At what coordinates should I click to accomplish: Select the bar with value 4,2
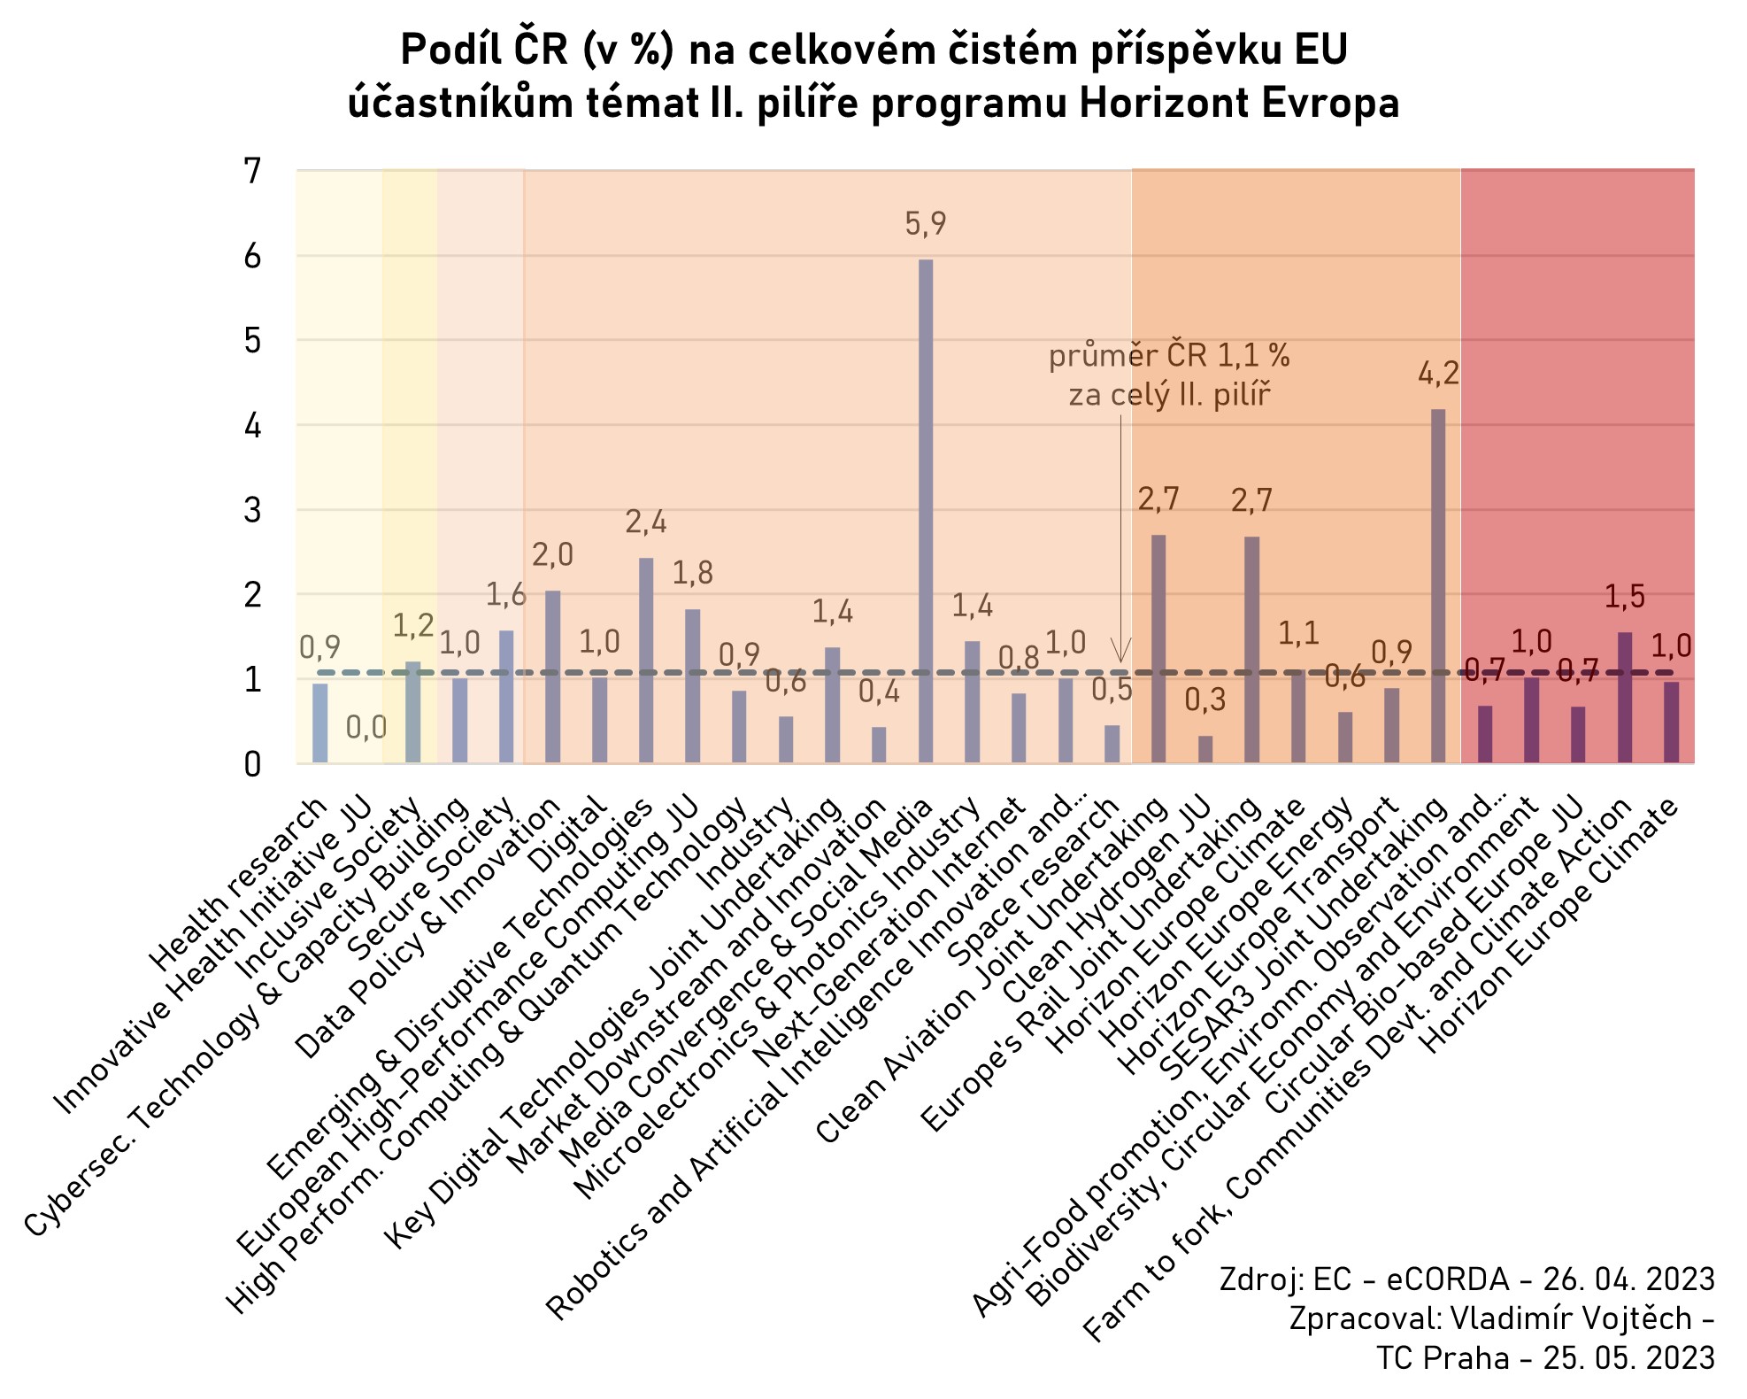(x=1438, y=585)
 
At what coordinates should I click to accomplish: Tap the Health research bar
(x=319, y=723)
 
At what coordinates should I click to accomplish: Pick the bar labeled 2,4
(x=646, y=660)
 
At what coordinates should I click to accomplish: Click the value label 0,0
(x=366, y=728)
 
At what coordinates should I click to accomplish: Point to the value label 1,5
(x=1625, y=597)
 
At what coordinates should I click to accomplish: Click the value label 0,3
(x=1205, y=700)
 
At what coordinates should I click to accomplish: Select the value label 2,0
(x=552, y=555)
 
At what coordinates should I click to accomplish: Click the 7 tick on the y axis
(x=253, y=171)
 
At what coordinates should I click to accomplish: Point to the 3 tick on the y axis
(x=253, y=511)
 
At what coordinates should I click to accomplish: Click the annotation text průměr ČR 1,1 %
(x=1169, y=356)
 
